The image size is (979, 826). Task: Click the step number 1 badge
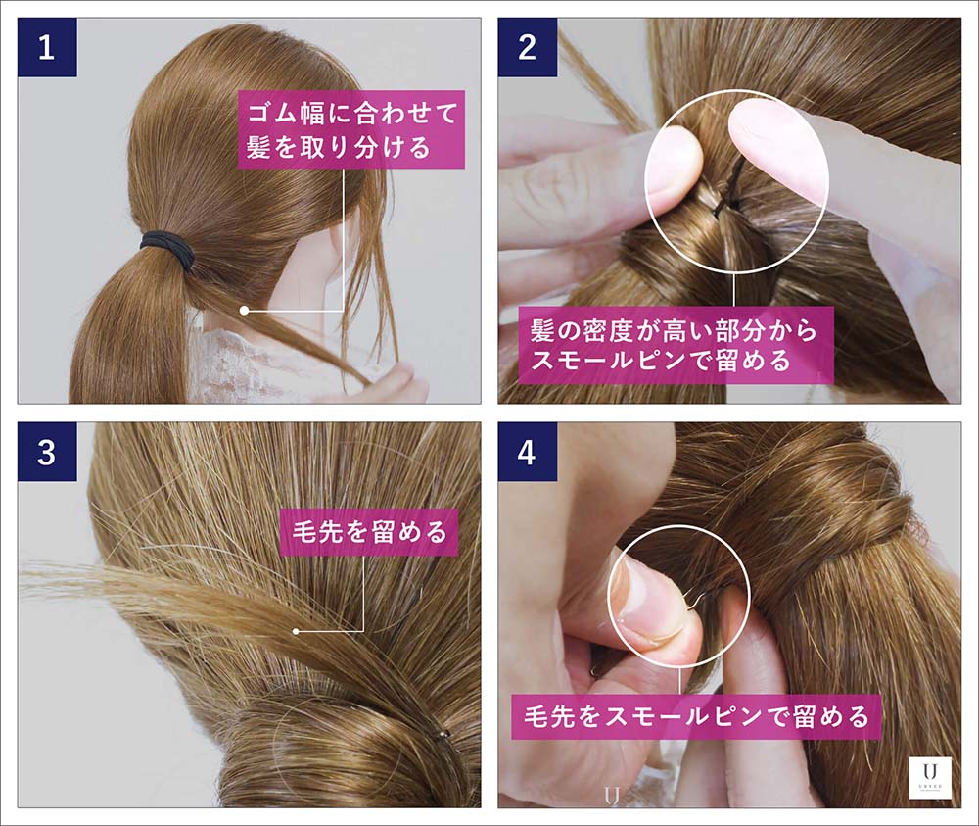47,47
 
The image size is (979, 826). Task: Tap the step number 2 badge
528,47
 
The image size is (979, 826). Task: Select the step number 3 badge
47,452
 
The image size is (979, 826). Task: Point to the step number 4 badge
528,452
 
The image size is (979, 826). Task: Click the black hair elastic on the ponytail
168,249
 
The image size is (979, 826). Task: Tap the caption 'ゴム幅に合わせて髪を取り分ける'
351,130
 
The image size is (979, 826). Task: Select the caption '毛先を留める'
369,532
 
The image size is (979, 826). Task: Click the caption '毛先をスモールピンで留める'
696,716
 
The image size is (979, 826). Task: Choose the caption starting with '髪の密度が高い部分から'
674,345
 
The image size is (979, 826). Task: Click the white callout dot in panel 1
244,310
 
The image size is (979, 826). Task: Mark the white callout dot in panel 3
296,631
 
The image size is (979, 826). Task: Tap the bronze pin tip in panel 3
443,734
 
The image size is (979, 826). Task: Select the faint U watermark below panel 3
612,796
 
